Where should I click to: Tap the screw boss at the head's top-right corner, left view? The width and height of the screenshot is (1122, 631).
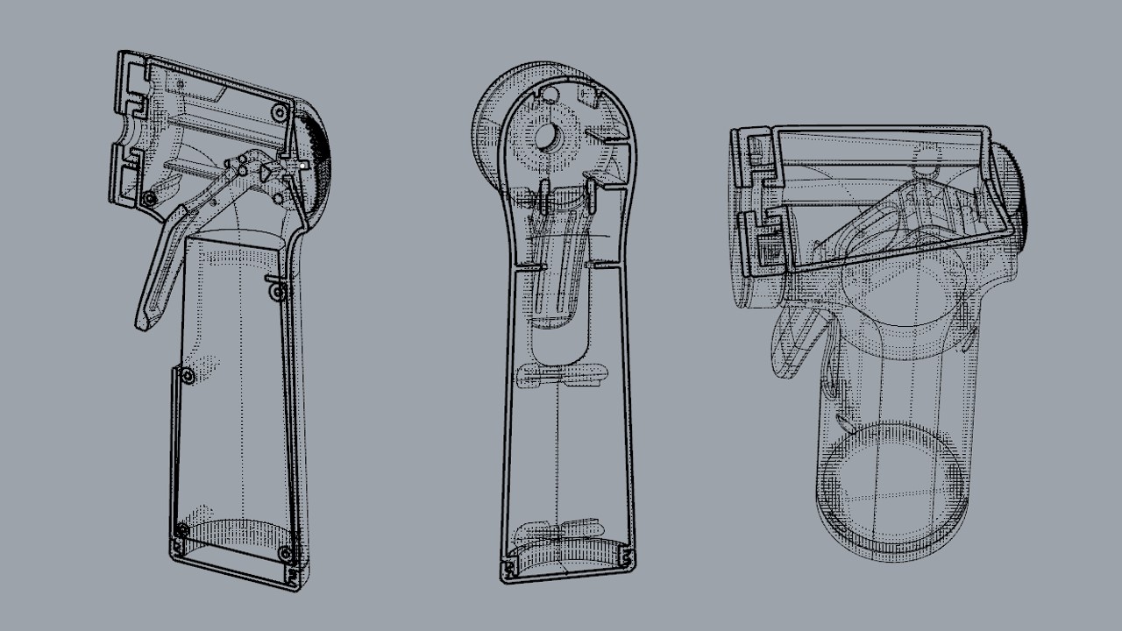click(x=279, y=112)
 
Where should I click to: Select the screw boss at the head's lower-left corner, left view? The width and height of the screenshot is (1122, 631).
click(x=150, y=199)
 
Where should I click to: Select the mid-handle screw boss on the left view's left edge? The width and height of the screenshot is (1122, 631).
click(x=187, y=378)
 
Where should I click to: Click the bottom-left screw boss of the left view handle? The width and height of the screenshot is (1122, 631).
click(x=181, y=531)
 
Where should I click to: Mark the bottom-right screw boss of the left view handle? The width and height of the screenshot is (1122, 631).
click(x=284, y=553)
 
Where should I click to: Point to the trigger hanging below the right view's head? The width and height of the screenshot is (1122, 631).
click(x=794, y=346)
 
